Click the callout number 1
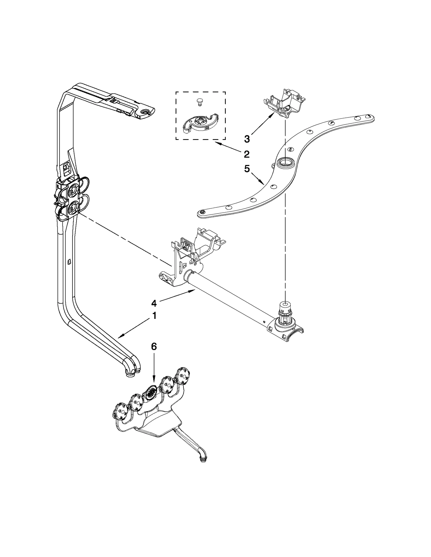click(x=154, y=316)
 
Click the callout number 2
click(x=246, y=154)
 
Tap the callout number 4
click(x=154, y=303)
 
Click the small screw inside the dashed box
click(x=199, y=101)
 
